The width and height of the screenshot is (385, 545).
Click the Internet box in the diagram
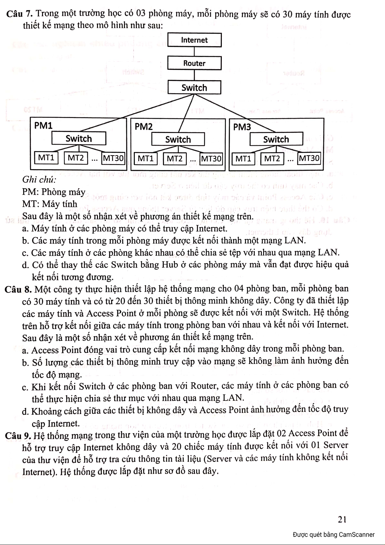[194, 40]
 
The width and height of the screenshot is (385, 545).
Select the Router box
[194, 63]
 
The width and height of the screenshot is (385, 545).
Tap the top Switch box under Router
[194, 88]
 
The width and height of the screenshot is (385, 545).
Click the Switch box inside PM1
[79, 139]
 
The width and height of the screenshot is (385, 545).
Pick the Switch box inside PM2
[178, 139]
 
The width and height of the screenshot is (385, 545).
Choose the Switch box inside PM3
[276, 139]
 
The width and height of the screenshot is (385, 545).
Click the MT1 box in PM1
[46, 158]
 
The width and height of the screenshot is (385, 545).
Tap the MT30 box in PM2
[211, 158]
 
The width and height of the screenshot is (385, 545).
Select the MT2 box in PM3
[272, 158]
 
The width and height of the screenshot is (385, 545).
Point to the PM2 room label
[144, 126]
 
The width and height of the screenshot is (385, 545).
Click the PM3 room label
[242, 127]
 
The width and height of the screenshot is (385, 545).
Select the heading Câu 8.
[18, 289]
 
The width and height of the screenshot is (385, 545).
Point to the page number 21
[342, 519]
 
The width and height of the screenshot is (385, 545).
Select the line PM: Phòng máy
[54, 192]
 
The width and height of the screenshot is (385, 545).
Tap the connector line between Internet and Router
[194, 52]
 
